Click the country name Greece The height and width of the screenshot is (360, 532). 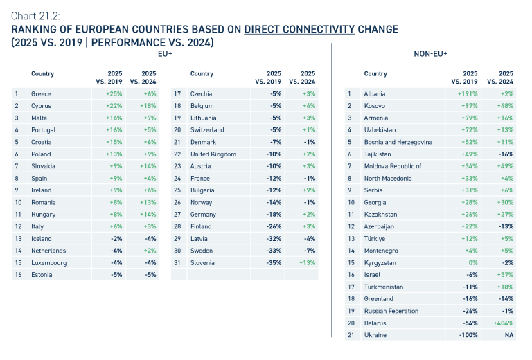[x=41, y=93]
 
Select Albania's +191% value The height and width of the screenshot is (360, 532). [x=468, y=93]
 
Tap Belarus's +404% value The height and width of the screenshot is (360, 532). [x=504, y=323]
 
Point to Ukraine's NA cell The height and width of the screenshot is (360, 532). [x=509, y=335]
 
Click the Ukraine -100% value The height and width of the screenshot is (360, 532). [x=469, y=335]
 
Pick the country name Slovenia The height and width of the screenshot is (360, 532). [x=202, y=262]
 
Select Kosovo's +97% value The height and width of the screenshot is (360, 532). [x=470, y=106]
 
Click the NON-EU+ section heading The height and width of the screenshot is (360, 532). [x=430, y=54]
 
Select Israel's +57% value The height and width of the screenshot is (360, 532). [x=506, y=274]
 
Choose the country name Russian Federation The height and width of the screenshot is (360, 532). [x=391, y=311]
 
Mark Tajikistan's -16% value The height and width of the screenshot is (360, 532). [x=507, y=154]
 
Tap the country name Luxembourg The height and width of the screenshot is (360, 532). [x=48, y=262]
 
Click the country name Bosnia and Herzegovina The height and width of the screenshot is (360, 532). [x=398, y=142]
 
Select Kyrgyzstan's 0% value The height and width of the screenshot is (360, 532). [x=472, y=262]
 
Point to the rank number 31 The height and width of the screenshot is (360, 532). [x=177, y=262]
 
